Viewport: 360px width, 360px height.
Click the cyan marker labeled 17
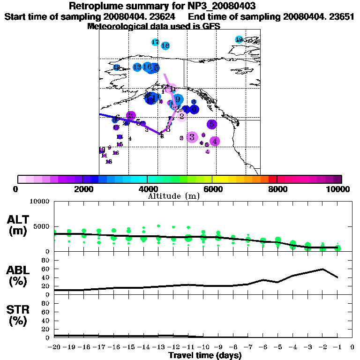(156, 42)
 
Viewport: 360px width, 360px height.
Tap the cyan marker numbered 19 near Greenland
(239, 39)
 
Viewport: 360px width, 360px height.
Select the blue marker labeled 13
(137, 67)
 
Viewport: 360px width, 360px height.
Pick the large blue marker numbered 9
(178, 99)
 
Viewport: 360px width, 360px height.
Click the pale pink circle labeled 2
(181, 116)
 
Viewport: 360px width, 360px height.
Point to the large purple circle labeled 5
(212, 124)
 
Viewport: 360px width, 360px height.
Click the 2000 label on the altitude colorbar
(82, 189)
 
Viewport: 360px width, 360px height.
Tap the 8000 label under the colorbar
(277, 189)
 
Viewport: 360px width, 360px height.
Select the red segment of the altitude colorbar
(272, 179)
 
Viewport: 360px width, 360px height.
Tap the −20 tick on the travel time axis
(54, 347)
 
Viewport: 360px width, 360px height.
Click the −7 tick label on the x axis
(247, 347)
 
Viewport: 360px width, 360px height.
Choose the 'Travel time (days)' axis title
(205, 356)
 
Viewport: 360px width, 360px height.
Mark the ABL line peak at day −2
(322, 269)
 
